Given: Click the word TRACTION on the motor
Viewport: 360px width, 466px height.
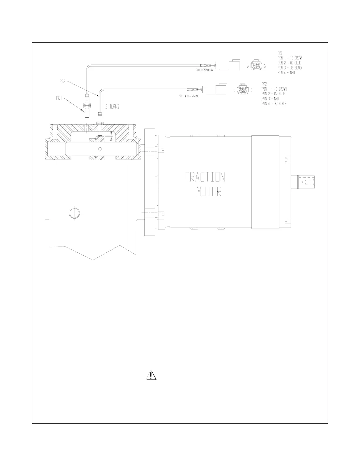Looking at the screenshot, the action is point(205,177).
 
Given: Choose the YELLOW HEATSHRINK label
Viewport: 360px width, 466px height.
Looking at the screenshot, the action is point(189,96).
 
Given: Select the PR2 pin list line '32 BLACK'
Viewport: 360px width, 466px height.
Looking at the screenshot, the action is point(274,104).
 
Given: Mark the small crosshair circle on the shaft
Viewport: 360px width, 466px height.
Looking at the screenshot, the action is point(100,149).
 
